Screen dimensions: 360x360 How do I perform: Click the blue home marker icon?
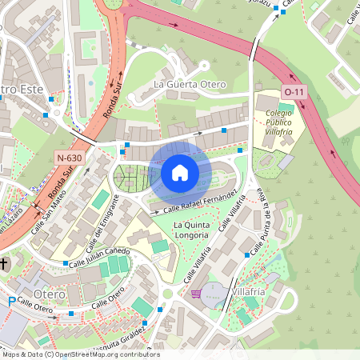click(180, 172)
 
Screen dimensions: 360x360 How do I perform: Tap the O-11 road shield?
click(294, 92)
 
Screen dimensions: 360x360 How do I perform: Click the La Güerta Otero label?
click(190, 84)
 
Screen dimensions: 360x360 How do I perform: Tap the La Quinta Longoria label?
click(192, 230)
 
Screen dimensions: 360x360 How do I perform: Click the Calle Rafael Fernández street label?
click(200, 202)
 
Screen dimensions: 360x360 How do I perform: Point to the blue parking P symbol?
click(11, 302)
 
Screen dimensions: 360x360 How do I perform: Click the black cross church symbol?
click(4, 262)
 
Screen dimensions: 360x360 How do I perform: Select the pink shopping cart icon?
click(196, 294)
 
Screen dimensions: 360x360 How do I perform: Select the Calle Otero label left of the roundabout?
click(34, 305)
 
